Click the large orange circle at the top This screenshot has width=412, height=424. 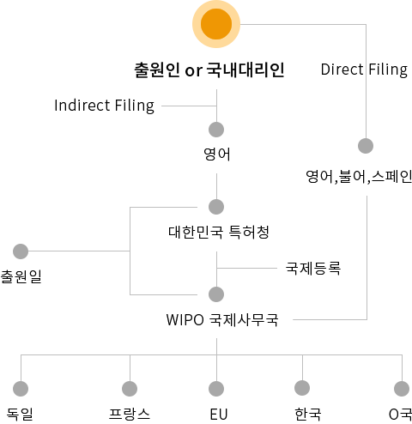216,24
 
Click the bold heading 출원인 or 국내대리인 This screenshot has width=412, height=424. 209,70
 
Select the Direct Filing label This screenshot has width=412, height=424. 364,70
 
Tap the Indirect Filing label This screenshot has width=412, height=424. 105,106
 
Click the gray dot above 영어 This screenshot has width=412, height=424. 216,130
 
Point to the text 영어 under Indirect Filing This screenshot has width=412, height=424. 216,154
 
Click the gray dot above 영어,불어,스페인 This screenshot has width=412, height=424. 366,146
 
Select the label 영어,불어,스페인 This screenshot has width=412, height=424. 359,177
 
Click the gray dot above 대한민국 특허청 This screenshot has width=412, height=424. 216,207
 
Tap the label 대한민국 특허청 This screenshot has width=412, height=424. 219,232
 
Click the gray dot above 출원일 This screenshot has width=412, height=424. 21,251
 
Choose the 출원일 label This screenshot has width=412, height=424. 21,276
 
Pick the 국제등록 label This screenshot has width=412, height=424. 313,269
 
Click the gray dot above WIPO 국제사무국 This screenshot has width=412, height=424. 216,294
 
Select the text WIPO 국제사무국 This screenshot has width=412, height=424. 222,319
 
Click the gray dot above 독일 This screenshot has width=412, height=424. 21,389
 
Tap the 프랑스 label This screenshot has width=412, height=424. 130,414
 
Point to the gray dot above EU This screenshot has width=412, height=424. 216,389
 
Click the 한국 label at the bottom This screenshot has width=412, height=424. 308,414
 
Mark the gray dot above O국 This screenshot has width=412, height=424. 402,389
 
